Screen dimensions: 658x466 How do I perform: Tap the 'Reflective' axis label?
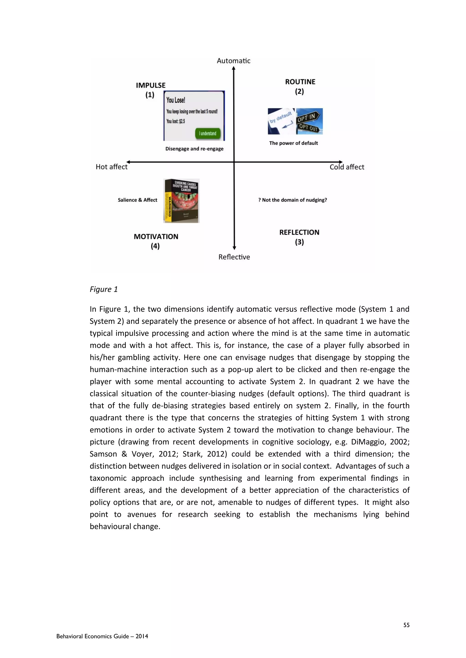(234, 257)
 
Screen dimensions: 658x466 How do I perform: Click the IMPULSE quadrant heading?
(151, 85)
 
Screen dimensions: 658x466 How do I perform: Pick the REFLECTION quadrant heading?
(299, 232)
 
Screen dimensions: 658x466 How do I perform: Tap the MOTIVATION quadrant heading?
(156, 237)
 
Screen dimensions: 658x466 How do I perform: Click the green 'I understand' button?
(208, 133)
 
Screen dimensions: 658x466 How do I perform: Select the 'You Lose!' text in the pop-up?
(176, 100)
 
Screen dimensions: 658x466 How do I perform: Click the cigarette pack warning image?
(181, 201)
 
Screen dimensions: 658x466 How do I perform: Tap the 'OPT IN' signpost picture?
(309, 121)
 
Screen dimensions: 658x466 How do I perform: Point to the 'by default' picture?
(281, 121)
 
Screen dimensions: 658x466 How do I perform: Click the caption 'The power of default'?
(293, 143)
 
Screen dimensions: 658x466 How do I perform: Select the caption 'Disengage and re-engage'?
(194, 149)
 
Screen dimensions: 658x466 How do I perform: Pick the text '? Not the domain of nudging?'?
(292, 200)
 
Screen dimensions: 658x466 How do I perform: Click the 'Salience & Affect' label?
(137, 200)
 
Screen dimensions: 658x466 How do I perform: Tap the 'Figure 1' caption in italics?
(104, 289)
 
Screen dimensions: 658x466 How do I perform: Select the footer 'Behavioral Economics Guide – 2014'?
(102, 636)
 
